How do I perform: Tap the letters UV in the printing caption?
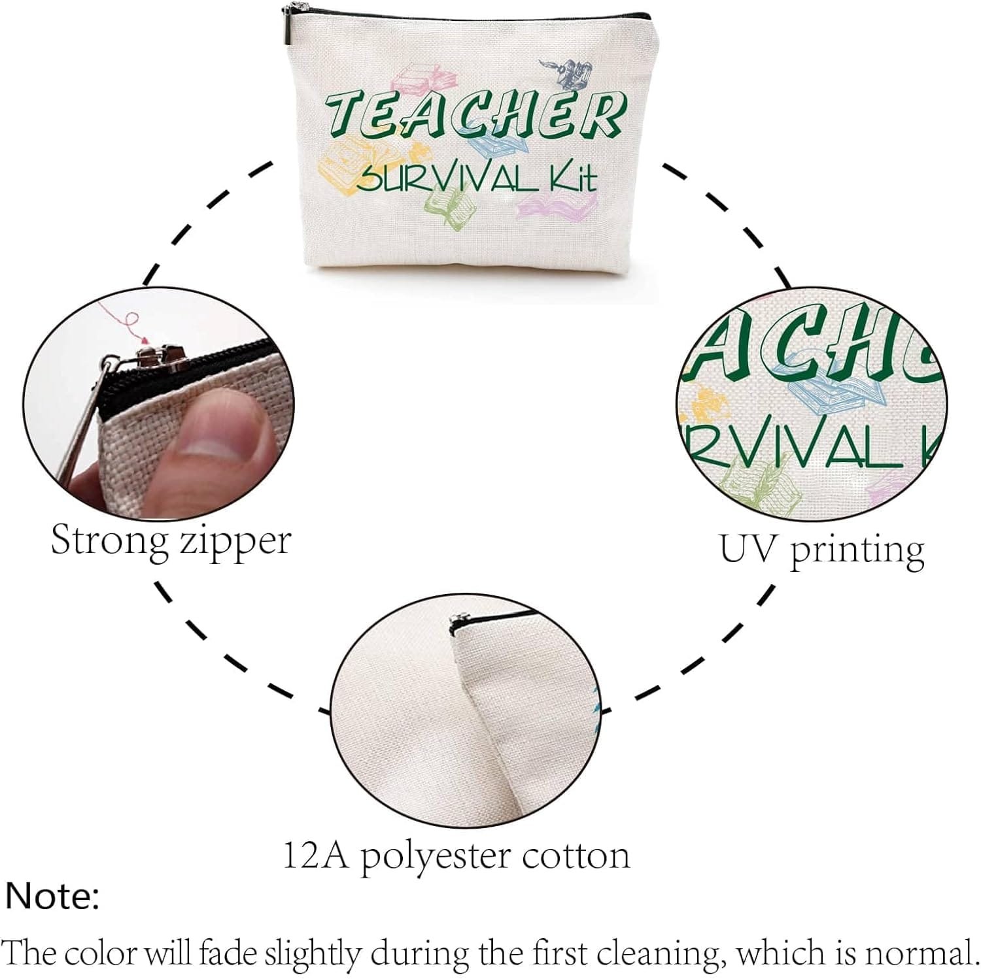point(749,548)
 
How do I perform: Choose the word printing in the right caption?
point(857,552)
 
